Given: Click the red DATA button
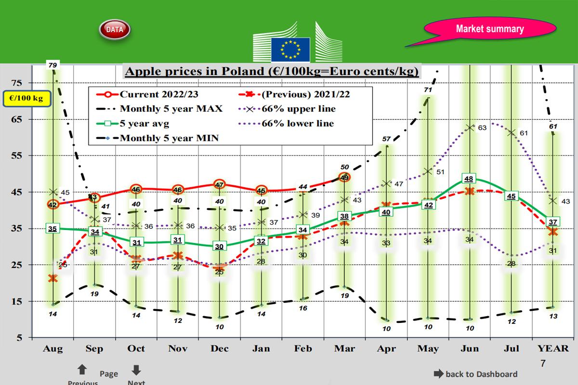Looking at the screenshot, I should click(x=115, y=29).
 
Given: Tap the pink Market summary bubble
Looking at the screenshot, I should click(x=489, y=29).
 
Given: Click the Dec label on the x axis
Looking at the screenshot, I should click(x=219, y=349).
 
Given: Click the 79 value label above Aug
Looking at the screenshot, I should click(x=53, y=64).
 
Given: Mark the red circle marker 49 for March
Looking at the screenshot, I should click(x=344, y=178).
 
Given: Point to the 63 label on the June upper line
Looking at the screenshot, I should click(x=482, y=128).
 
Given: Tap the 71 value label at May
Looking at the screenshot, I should click(x=428, y=90).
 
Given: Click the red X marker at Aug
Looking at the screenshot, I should click(x=53, y=278).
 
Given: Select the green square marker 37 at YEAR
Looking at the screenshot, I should click(x=553, y=222).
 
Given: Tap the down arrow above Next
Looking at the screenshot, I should click(x=136, y=370).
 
